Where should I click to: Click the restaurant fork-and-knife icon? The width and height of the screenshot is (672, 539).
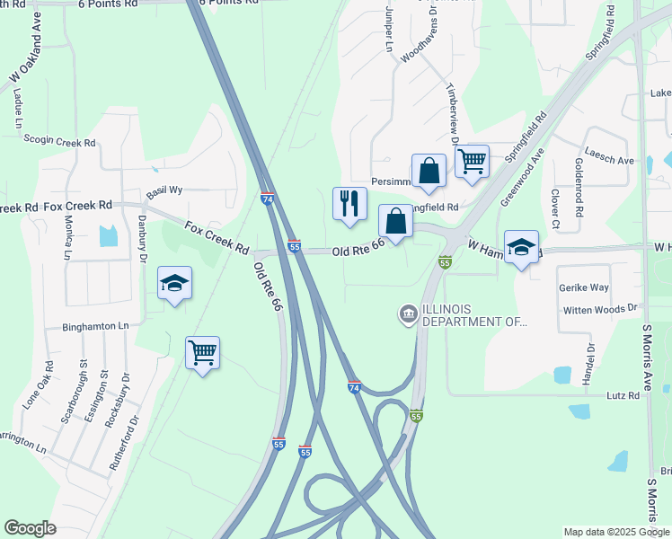350,203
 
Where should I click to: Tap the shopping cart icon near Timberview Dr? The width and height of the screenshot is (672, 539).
472,162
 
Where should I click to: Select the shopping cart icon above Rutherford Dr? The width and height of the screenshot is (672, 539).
202,353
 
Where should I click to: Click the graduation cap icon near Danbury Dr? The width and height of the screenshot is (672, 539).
175,284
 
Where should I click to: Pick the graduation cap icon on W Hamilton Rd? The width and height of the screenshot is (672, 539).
521,248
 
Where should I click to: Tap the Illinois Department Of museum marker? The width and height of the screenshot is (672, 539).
407,314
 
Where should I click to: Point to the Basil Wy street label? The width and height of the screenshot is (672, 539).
164,191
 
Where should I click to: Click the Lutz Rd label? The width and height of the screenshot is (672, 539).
622,395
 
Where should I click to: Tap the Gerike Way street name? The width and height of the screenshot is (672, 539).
584,287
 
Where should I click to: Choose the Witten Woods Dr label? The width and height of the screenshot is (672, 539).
599,309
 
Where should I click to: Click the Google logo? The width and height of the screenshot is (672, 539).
31,528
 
